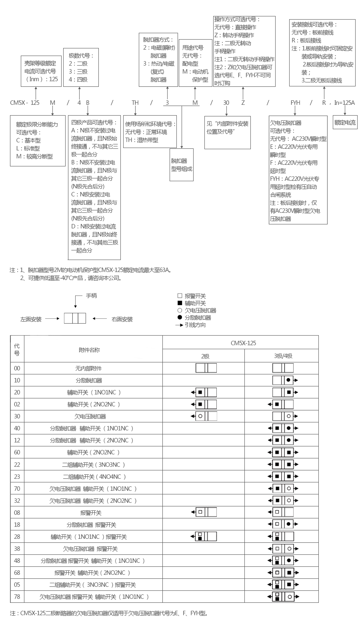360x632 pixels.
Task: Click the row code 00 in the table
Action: click(x=17, y=368)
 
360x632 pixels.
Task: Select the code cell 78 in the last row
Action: click(x=17, y=596)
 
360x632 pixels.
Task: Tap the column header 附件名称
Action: click(x=89, y=350)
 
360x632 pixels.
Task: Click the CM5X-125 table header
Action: click(x=243, y=343)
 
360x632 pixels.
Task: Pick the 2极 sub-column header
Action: click(x=205, y=356)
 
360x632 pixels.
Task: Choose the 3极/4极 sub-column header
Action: click(x=283, y=356)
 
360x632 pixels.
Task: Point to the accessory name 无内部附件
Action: click(x=89, y=368)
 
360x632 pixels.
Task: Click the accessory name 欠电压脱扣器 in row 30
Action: click(x=90, y=416)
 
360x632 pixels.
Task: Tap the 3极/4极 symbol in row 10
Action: click(x=285, y=380)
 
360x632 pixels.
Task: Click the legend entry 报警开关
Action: click(x=195, y=296)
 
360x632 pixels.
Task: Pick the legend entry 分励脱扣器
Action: click(x=198, y=318)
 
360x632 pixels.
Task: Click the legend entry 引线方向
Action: click(x=195, y=325)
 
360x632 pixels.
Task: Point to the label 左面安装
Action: click(x=31, y=319)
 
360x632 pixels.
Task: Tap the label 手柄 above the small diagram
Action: click(x=91, y=296)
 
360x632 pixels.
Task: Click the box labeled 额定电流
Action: click(x=345, y=122)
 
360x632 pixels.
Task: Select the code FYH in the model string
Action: click(x=295, y=103)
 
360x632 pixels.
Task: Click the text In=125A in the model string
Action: click(x=344, y=103)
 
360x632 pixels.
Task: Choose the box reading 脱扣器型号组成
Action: click(x=182, y=165)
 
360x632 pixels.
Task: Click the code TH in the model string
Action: click(x=135, y=103)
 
